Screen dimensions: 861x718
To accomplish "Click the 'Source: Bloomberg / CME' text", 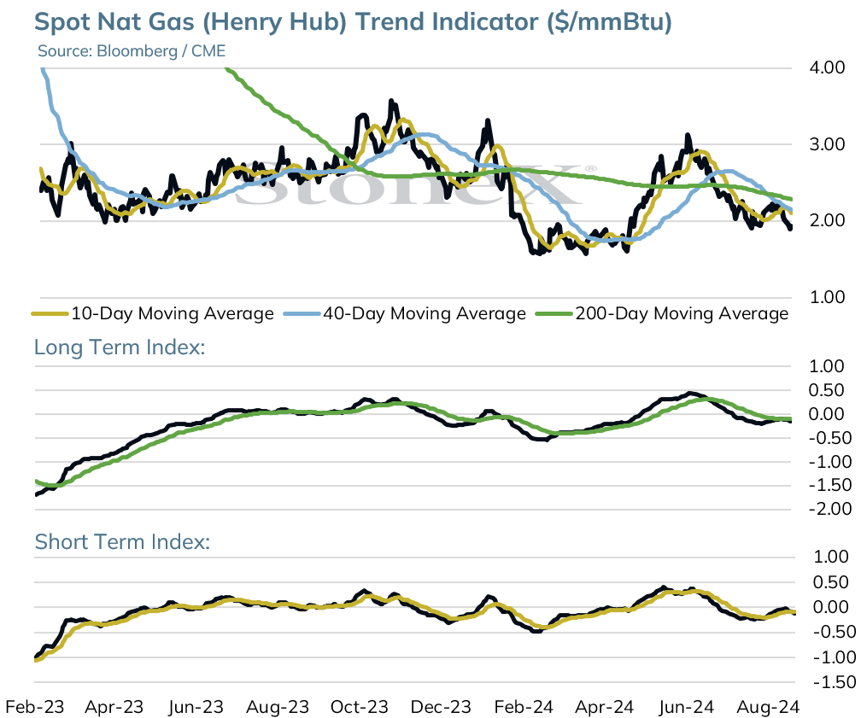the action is [x=132, y=51].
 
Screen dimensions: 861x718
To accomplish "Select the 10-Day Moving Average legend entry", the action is [x=153, y=313].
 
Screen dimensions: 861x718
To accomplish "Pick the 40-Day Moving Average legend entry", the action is [x=405, y=313].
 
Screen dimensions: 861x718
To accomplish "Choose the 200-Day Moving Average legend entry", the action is [x=662, y=313].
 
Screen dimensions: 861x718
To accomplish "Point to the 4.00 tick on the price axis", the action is [x=827, y=67].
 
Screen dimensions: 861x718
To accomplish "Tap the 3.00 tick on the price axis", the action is [x=827, y=144].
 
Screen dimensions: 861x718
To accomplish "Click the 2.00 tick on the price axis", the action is [x=827, y=220].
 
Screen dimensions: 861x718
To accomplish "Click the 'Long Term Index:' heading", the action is [x=120, y=347].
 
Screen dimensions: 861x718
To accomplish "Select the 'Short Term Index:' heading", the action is [x=122, y=542].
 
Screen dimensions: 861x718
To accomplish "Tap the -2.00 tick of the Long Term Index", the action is [x=829, y=509].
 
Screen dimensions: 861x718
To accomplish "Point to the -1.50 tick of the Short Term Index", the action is [x=834, y=682].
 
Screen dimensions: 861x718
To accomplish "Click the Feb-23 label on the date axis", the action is [x=34, y=706].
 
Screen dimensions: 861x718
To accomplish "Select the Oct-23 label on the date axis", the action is [x=360, y=706].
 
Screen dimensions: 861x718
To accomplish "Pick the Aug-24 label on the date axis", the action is [x=768, y=706].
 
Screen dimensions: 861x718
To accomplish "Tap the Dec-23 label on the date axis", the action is [x=441, y=706].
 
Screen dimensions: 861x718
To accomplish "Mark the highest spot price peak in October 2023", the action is [x=391, y=101].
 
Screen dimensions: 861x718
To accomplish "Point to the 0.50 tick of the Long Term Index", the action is [x=826, y=390].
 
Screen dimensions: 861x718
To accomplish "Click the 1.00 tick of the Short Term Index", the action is [x=831, y=557].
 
